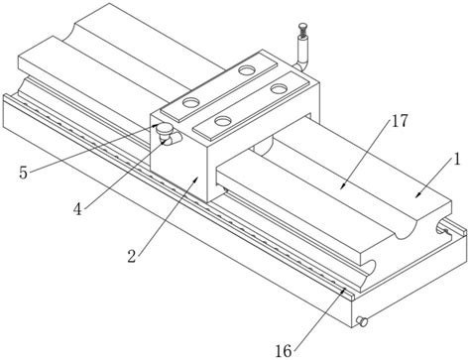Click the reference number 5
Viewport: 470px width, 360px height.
23,173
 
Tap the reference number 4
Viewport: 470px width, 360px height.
77,209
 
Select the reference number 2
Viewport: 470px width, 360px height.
132,256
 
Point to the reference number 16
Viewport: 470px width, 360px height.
284,351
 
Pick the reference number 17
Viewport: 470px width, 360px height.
400,121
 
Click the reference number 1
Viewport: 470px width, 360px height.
457,160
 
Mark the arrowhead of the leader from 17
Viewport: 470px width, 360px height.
342,186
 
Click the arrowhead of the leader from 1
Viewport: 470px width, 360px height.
417,195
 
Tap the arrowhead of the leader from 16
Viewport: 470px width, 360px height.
344,290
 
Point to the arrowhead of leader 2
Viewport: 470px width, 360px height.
197,179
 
